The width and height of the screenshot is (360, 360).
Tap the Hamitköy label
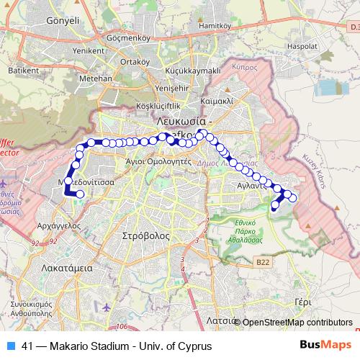(x=220, y=45)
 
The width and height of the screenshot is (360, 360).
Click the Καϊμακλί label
(x=217, y=102)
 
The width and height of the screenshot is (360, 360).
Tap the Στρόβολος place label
(x=145, y=235)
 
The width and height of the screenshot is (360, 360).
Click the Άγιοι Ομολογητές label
(x=158, y=161)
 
